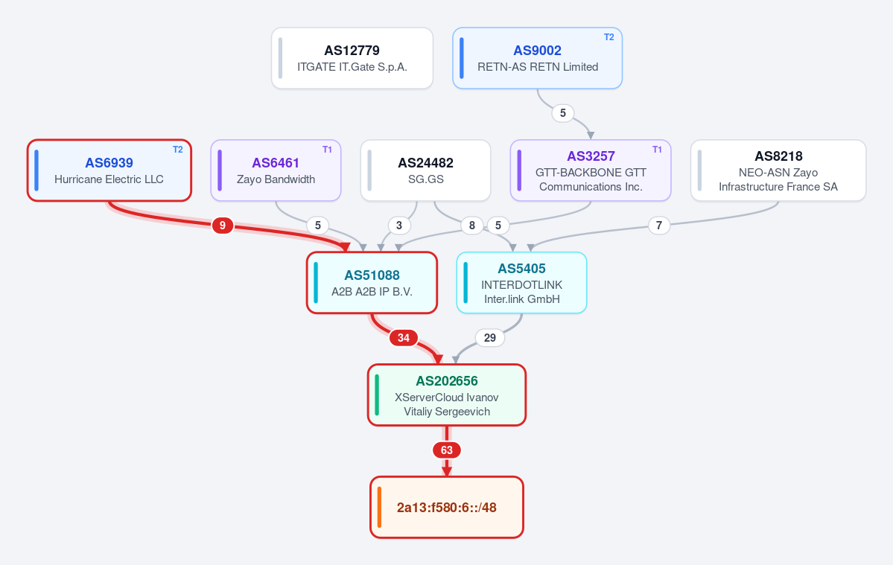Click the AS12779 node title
(352, 51)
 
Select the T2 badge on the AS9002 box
(608, 37)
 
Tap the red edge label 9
(222, 226)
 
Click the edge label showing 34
(403, 338)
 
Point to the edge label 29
(490, 338)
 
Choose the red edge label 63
(447, 450)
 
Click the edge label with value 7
(659, 226)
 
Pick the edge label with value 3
(398, 226)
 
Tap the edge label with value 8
(471, 226)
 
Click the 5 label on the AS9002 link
(562, 112)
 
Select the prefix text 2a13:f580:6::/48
(447, 508)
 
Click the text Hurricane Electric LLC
(109, 179)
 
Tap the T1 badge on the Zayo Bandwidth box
(327, 150)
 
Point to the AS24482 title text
(425, 163)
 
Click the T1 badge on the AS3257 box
(657, 150)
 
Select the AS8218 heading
(778, 156)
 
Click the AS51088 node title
(372, 275)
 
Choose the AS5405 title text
(521, 269)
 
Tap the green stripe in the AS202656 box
(377, 395)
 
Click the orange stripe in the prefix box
(379, 508)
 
